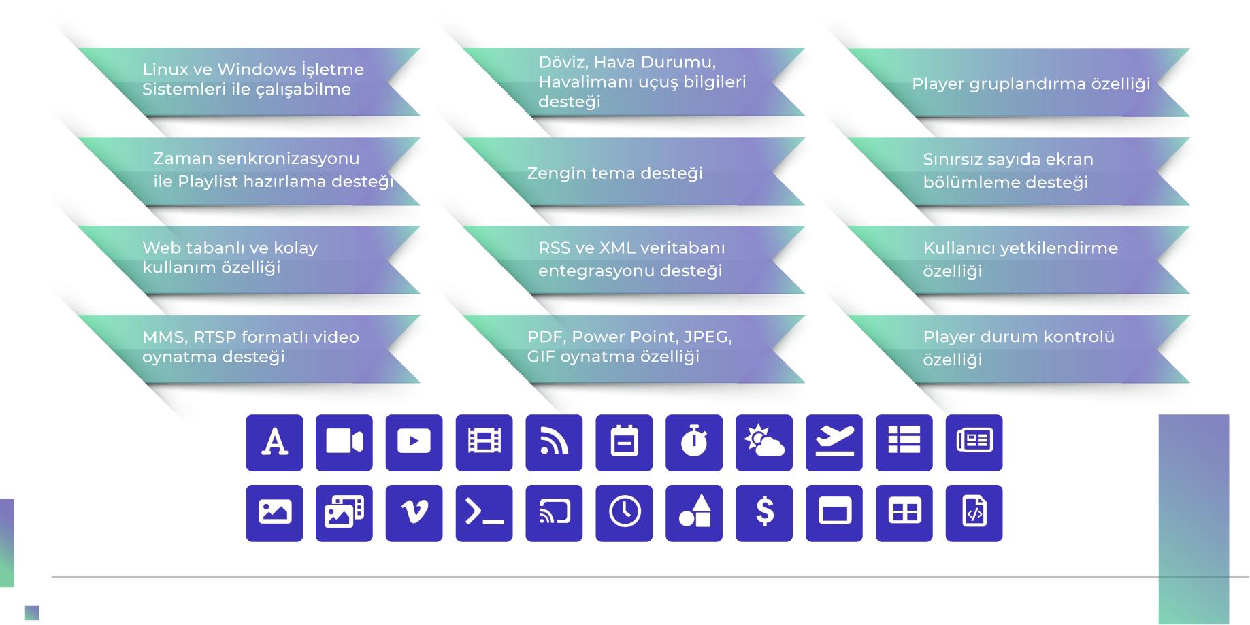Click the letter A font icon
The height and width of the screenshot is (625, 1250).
click(274, 442)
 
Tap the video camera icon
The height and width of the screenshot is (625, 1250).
click(344, 442)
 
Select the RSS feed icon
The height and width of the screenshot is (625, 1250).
click(554, 442)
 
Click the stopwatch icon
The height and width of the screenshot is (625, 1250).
click(694, 442)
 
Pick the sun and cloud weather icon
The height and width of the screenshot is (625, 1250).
click(764, 442)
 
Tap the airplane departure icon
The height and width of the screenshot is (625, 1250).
click(834, 442)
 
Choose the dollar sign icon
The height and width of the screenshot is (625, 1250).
click(764, 512)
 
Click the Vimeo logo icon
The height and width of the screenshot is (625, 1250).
click(414, 512)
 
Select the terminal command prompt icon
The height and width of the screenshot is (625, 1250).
click(484, 512)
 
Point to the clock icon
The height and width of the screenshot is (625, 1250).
click(624, 512)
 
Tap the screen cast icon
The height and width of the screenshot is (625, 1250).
click(554, 512)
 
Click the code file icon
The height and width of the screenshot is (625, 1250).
click(974, 512)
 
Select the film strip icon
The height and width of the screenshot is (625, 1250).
click(484, 442)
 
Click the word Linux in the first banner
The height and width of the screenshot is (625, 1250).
click(165, 69)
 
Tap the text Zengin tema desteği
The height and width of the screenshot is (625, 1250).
click(614, 173)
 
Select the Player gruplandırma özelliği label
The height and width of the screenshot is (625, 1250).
click(1030, 84)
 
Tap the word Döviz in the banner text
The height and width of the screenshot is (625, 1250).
click(561, 63)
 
